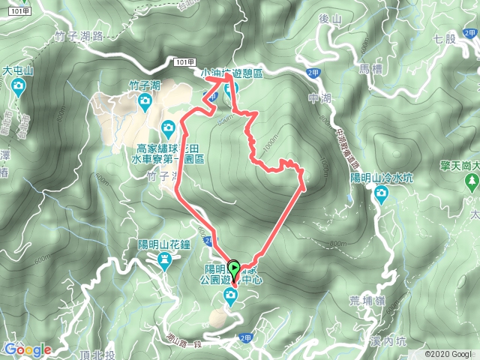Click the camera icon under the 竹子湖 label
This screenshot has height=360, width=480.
(167, 126)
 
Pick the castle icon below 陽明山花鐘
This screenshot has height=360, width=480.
(165, 259)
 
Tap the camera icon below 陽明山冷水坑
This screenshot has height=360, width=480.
(382, 196)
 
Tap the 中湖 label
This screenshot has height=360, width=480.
(318, 96)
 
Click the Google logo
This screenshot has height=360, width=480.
(28, 349)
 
